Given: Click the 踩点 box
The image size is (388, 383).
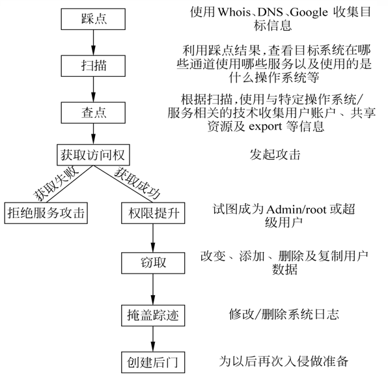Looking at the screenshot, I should (94, 19).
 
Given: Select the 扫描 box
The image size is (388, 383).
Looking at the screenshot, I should (94, 65).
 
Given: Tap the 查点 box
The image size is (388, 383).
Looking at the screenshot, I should (94, 111).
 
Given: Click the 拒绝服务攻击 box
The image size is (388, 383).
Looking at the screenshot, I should (46, 212).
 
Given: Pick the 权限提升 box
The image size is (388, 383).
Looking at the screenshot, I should (153, 212).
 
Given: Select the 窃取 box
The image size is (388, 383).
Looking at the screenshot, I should (153, 263).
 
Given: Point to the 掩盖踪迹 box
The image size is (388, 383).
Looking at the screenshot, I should (153, 315).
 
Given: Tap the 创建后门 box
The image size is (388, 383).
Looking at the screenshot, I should (153, 360).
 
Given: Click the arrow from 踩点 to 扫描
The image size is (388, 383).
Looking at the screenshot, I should (94, 42).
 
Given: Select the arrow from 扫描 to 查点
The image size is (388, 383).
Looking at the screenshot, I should (94, 89).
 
